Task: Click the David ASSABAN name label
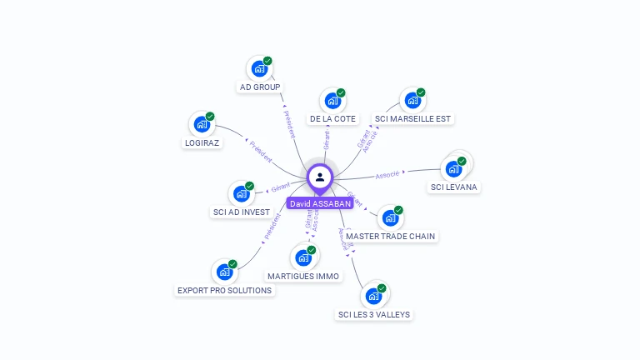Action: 320,203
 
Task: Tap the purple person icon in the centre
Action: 320,177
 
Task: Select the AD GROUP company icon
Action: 258,69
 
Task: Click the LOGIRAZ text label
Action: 202,142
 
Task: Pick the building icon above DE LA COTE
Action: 332,102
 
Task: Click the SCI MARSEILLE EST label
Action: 412,119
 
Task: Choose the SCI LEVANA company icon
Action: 453,169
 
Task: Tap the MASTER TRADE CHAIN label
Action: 390,236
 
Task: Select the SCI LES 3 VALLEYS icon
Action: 373,296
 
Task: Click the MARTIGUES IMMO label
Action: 303,276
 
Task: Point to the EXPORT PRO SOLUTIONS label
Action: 225,291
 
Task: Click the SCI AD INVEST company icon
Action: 241,194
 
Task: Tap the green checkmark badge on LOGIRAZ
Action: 210,117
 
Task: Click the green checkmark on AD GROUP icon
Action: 267,61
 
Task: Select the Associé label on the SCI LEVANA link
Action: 388,174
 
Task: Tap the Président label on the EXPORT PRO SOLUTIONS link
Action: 272,227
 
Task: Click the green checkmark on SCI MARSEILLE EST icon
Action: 421,92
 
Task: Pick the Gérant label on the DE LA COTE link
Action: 326,140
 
